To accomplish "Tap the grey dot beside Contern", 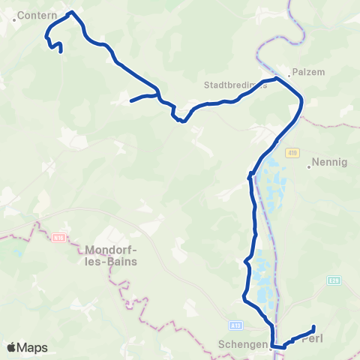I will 14,19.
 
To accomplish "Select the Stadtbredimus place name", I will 235,85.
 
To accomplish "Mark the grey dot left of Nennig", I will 309,166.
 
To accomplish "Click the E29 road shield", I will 334,280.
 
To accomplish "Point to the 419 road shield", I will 292,153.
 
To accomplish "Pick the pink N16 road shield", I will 59,238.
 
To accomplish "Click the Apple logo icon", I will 12,347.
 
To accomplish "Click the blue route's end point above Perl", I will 313,326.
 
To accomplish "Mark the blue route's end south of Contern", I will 60,52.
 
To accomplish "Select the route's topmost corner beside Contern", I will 70,13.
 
